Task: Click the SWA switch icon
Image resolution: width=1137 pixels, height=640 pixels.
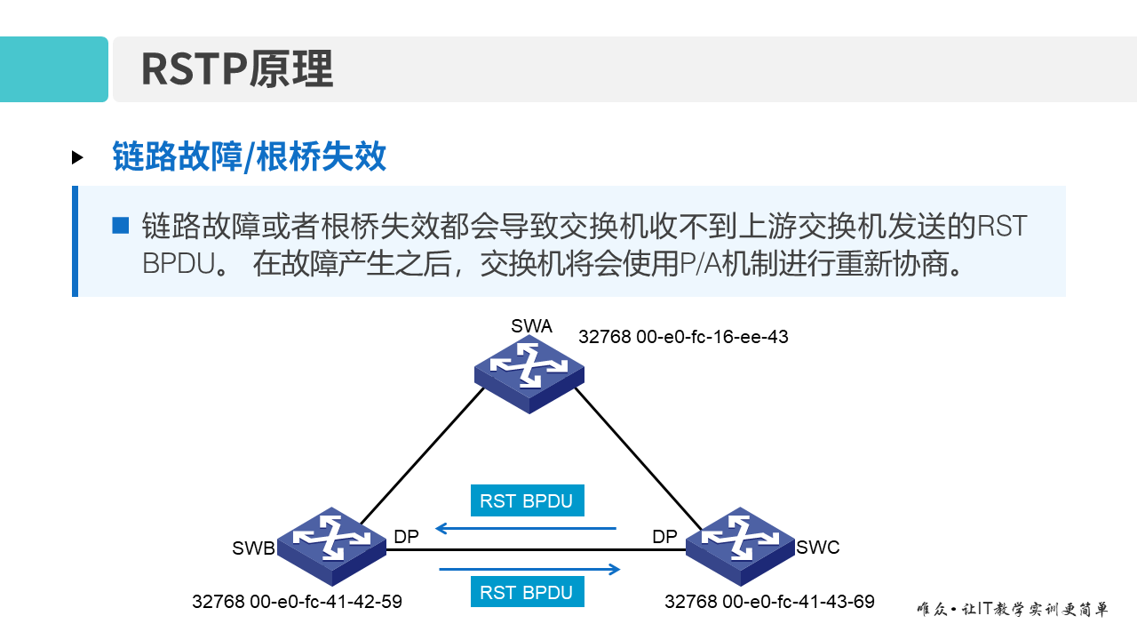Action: (529, 373)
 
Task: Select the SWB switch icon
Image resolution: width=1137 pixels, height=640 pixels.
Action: (331, 545)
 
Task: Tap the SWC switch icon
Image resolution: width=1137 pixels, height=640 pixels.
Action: (740, 545)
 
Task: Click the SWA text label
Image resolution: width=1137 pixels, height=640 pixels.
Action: (531, 326)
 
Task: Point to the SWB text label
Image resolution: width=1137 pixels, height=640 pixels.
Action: (253, 548)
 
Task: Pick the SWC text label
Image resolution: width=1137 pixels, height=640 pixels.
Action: (818, 548)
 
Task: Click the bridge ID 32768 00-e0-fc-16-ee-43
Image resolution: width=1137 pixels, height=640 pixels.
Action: (683, 337)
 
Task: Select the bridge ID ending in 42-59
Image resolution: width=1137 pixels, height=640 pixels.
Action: (297, 602)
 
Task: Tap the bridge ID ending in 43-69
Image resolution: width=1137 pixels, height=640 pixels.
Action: (769, 602)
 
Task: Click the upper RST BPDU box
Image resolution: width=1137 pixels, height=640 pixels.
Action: (527, 500)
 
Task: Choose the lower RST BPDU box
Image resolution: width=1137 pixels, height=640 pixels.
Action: (527, 593)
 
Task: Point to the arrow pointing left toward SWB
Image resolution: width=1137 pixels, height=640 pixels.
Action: (525, 529)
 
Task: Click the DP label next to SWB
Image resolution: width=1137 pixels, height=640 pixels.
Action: (406, 537)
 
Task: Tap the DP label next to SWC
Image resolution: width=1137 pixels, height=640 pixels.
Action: (664, 537)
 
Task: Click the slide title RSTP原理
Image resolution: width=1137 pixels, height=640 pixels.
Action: (237, 69)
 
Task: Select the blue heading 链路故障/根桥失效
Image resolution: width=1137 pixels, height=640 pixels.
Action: (250, 156)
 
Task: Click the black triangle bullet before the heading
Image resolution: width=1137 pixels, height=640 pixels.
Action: (78, 157)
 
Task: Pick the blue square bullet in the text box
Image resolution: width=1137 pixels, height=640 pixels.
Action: (121, 225)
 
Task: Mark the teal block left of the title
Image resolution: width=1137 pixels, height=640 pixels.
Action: (53, 69)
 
